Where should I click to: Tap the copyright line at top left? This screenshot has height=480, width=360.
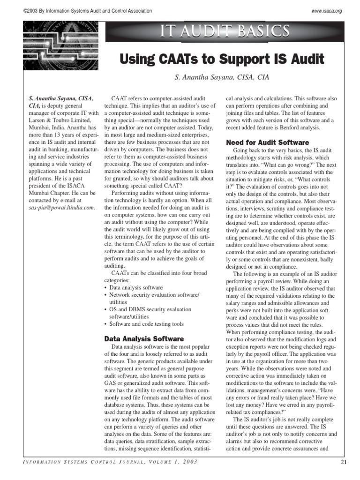87,11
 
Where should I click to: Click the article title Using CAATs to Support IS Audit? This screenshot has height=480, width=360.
222,60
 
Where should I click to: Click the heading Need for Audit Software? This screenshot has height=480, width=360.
268,142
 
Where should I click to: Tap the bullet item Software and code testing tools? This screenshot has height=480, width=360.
146,324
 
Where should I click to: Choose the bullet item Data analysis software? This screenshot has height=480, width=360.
136,287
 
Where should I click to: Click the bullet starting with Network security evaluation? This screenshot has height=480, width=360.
154,295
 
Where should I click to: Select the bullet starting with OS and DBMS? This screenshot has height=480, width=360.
150,309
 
